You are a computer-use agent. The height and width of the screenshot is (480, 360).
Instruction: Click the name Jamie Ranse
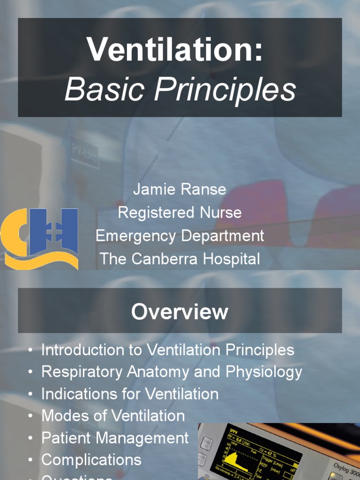pos(180,189)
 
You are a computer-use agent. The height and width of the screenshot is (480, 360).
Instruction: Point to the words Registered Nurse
pos(180,212)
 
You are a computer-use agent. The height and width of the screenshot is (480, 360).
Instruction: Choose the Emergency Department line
pos(180,235)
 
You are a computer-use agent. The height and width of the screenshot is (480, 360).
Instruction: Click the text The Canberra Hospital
pos(180,258)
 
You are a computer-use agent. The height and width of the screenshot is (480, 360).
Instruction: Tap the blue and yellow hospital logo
pos(39,238)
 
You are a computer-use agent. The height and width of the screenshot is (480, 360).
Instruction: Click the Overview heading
pos(180,312)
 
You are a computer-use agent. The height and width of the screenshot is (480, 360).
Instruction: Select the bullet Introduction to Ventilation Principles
pos(168,350)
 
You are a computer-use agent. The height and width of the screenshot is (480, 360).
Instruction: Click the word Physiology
pos(264,372)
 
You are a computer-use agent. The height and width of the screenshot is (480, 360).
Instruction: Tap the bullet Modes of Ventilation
pos(113,416)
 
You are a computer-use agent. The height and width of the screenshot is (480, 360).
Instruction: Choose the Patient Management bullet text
pos(115,438)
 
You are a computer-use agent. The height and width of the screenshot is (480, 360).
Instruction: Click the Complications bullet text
pos(91,460)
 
